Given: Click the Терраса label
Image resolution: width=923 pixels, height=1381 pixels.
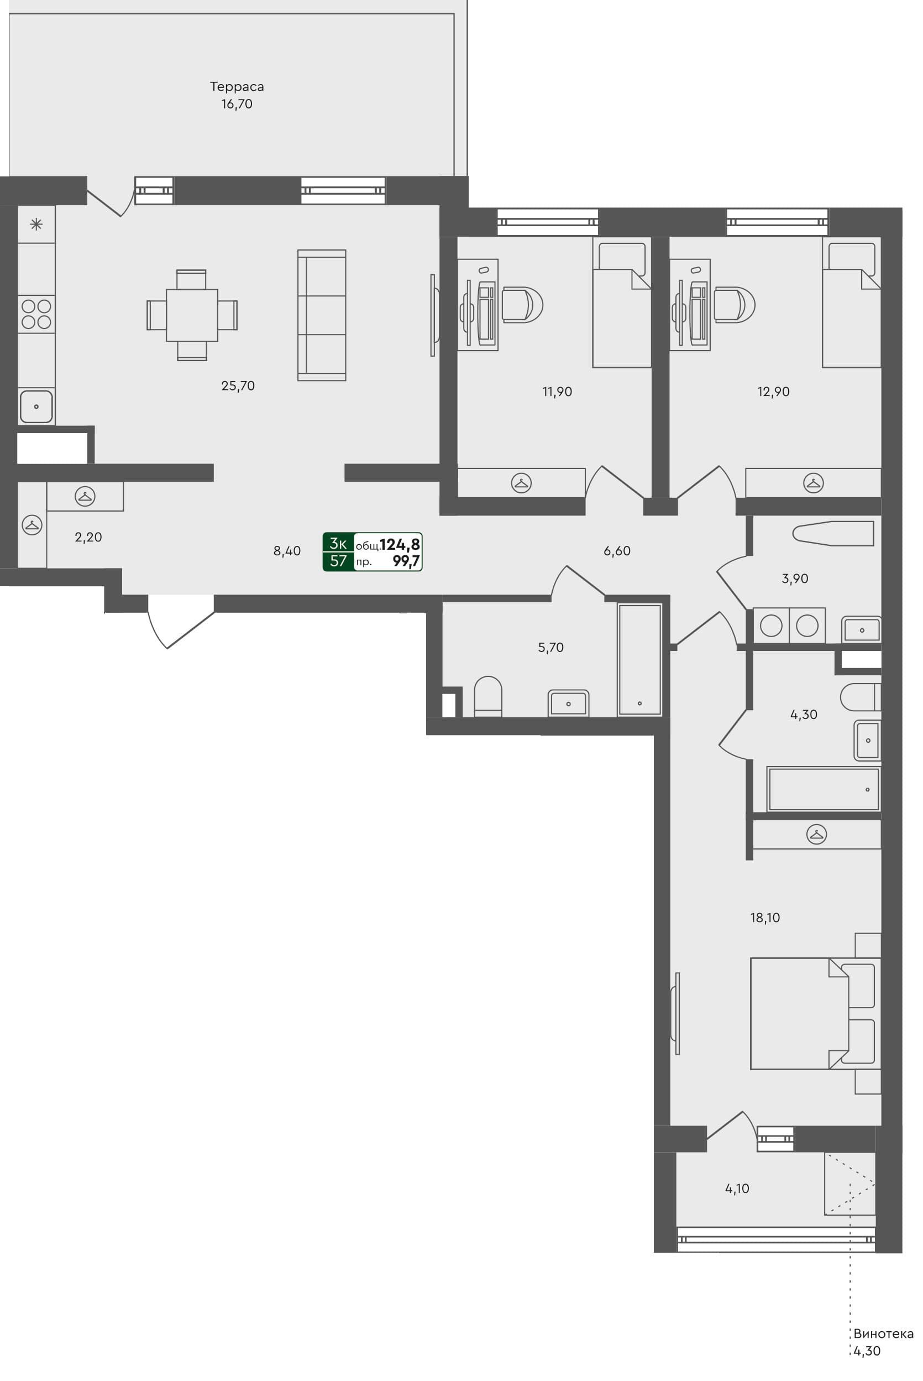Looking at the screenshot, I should (237, 87).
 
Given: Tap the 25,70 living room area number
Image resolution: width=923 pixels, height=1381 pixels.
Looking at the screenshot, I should (238, 385).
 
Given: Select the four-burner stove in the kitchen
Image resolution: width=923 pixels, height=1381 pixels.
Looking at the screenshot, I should (36, 314).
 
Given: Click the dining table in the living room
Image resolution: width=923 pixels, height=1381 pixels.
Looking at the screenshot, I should (192, 315).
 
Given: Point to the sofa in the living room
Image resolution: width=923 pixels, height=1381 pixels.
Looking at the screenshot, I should (322, 315).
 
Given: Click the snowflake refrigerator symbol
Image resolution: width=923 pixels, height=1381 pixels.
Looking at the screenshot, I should (36, 224).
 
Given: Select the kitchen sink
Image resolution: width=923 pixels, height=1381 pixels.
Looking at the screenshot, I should (36, 407).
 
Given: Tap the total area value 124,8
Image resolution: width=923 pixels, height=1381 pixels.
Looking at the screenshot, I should (400, 544).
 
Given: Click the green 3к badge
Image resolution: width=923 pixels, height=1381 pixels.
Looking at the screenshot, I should (338, 543).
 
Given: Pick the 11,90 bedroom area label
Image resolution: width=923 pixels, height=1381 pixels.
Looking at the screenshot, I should (557, 392).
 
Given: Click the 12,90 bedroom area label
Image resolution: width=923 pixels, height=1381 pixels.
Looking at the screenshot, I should (773, 392).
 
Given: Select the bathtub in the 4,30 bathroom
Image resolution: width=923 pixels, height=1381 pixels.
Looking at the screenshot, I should (823, 789).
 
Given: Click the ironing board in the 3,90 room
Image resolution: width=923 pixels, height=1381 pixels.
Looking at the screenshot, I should (833, 534).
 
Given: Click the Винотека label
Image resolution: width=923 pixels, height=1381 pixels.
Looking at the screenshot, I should (883, 1334).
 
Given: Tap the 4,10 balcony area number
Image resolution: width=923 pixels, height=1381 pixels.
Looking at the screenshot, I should (737, 1189).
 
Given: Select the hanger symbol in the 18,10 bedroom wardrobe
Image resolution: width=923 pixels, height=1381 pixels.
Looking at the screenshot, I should (816, 834).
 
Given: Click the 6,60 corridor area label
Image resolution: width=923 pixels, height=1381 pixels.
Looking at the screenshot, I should (617, 551).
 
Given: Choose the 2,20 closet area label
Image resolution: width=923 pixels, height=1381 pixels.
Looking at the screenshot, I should (88, 537).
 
